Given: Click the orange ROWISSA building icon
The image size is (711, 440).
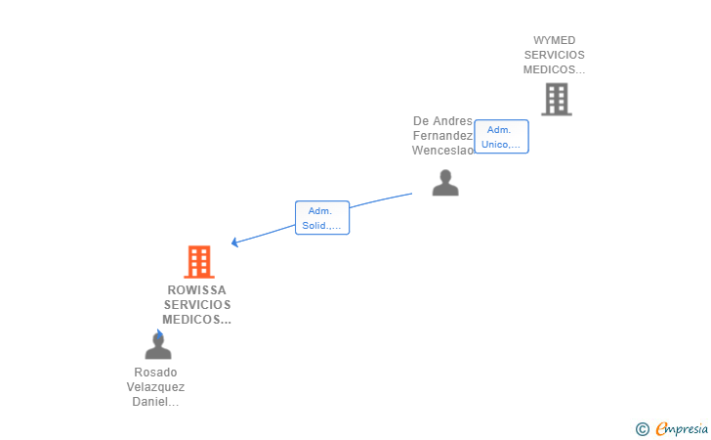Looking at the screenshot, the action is click(x=199, y=261).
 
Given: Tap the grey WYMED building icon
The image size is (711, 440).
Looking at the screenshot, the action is click(x=557, y=99).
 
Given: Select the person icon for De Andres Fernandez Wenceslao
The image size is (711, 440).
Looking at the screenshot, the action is click(x=445, y=183).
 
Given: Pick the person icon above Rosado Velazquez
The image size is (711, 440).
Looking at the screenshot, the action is click(x=158, y=345).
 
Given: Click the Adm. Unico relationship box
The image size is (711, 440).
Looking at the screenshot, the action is click(x=502, y=137).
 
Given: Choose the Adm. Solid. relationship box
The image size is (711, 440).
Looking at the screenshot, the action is click(x=322, y=217).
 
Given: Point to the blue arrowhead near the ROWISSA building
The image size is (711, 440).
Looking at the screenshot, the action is click(x=234, y=242).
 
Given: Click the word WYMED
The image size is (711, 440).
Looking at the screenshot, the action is click(x=554, y=40).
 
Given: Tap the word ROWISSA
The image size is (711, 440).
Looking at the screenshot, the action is click(x=197, y=290).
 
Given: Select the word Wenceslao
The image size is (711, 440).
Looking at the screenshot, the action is click(x=443, y=151).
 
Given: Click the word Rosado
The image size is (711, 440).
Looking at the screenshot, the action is click(x=155, y=373).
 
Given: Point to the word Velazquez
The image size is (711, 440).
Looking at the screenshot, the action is click(x=155, y=387).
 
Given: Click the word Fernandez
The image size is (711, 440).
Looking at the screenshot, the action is click(x=443, y=136).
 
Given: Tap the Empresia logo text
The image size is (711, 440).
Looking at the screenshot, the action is click(x=682, y=428).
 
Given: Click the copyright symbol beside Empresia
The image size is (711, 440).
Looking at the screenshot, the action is click(x=642, y=429).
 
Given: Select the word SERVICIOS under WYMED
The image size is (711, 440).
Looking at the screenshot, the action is click(x=554, y=55).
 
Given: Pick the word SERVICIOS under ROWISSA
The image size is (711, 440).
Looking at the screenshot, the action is click(x=197, y=305).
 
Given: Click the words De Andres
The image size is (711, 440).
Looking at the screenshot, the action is click(x=442, y=121).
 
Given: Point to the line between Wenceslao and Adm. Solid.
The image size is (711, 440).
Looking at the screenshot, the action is click(x=381, y=199).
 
